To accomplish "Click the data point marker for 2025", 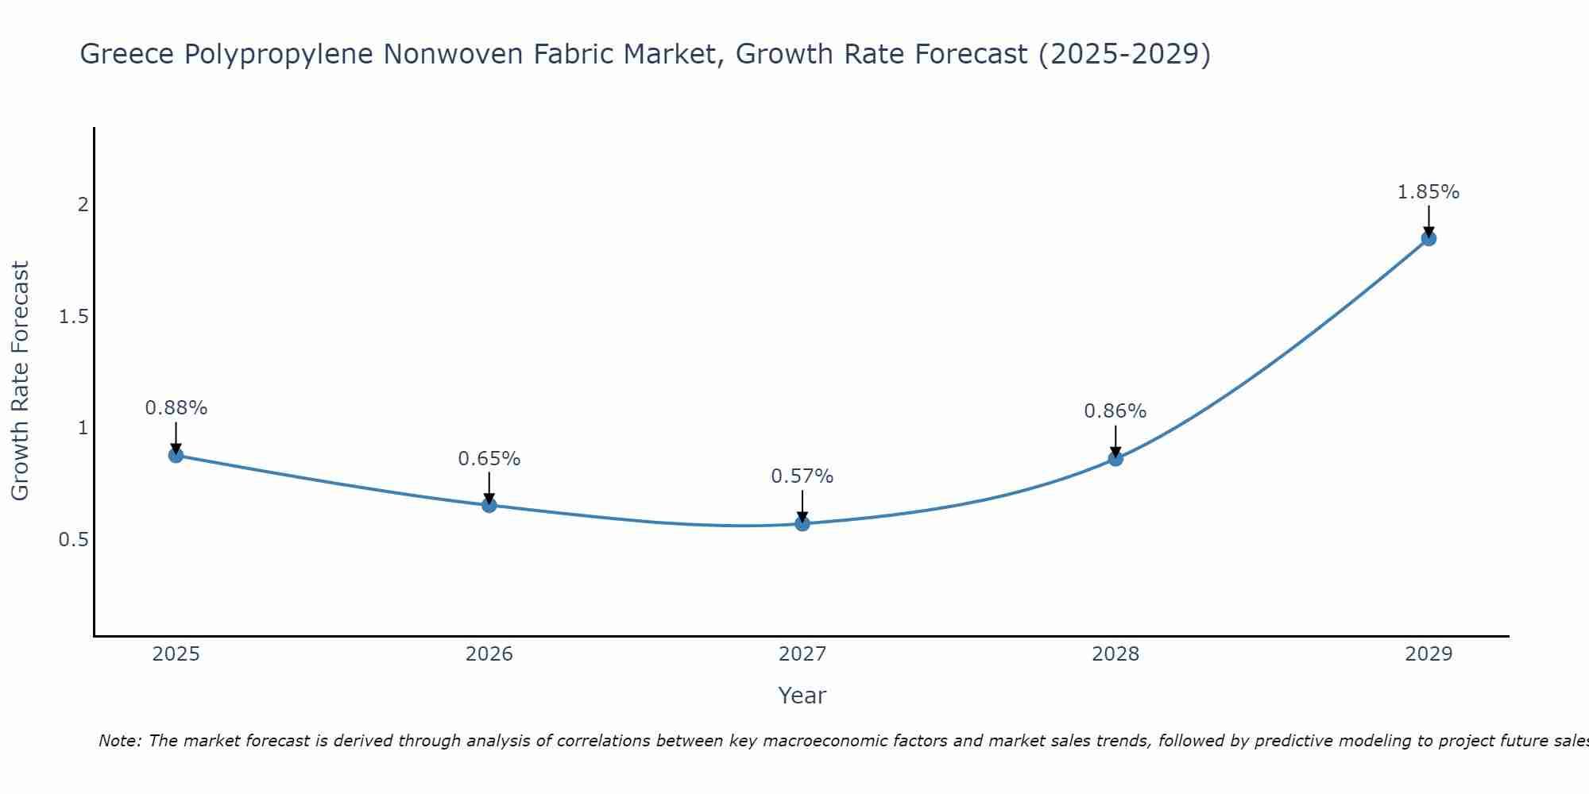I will pyautogui.click(x=176, y=455).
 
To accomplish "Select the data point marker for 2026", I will pyautogui.click(x=489, y=505).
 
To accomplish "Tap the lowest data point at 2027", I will pyautogui.click(x=802, y=523).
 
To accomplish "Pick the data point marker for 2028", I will pyautogui.click(x=1115, y=458).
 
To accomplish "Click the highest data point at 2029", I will pyautogui.click(x=1429, y=238).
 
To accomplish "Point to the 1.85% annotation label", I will pyautogui.click(x=1429, y=192).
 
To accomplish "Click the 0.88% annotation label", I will pyautogui.click(x=176, y=408).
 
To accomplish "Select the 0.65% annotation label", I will pyautogui.click(x=489, y=459).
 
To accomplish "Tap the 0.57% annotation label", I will pyautogui.click(x=802, y=476).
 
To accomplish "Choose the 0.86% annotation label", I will pyautogui.click(x=1115, y=411).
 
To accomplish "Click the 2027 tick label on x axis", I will pyautogui.click(x=802, y=654).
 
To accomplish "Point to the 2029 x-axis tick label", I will pyautogui.click(x=1429, y=654).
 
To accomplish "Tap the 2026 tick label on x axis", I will pyautogui.click(x=489, y=654).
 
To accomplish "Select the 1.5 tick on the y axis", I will pyautogui.click(x=73, y=317).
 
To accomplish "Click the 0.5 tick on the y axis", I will pyautogui.click(x=73, y=540).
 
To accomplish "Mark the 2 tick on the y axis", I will pyautogui.click(x=83, y=205).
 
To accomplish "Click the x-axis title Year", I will pyautogui.click(x=802, y=696).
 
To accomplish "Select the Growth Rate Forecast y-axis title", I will pyautogui.click(x=20, y=381).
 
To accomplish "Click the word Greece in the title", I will pyautogui.click(x=128, y=54).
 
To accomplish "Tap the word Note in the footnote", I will pyautogui.click(x=119, y=741).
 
